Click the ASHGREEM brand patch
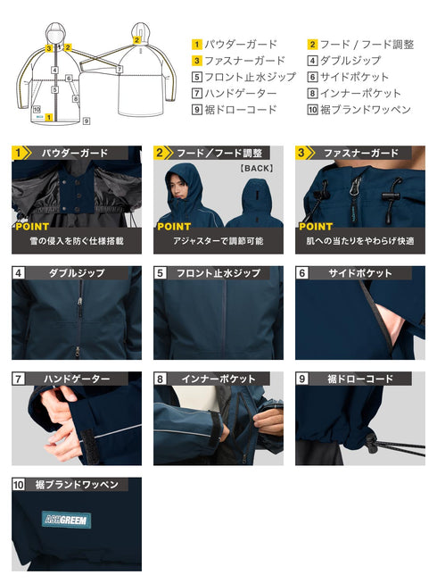(x=67, y=520)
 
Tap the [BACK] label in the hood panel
(x=256, y=168)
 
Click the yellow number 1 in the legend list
(x=196, y=45)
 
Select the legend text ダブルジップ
(x=350, y=61)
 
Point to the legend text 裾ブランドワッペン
(x=366, y=110)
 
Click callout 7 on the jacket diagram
(x=120, y=69)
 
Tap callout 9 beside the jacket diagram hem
(x=87, y=121)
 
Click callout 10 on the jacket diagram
(x=37, y=109)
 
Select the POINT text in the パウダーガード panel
(x=32, y=227)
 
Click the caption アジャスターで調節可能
(x=218, y=241)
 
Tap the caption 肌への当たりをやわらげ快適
(x=360, y=241)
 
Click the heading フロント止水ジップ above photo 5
(x=218, y=273)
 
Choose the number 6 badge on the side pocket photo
(x=301, y=273)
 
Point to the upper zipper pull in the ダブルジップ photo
(x=80, y=302)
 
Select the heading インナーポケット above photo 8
(x=218, y=379)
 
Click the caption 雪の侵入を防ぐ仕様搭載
(x=77, y=241)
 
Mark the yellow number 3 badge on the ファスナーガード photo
(x=301, y=153)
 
